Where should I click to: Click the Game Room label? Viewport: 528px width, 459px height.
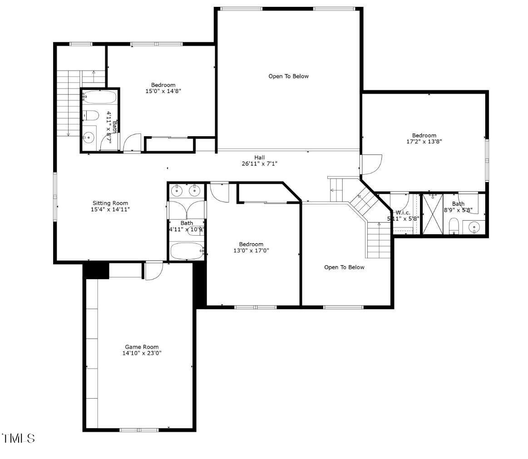pos(142,347)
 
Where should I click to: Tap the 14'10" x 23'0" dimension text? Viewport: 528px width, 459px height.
pos(142,353)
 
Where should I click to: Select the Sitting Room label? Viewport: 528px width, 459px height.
pos(110,203)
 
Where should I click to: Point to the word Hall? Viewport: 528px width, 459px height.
pos(260,158)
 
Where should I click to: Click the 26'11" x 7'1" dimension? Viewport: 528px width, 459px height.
pos(260,164)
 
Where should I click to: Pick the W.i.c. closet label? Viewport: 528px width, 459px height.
pos(403,212)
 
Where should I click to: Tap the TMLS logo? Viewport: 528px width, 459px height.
pos(19,439)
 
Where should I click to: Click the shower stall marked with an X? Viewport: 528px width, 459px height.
pos(432,213)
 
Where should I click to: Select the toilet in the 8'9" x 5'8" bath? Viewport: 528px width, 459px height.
pos(454,226)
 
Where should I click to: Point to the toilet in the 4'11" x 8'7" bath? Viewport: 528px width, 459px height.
pos(91,116)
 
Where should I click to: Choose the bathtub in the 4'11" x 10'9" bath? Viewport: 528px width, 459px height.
pos(187,251)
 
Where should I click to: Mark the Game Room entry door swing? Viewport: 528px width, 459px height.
pos(153,271)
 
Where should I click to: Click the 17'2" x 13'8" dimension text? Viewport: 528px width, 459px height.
pos(424,142)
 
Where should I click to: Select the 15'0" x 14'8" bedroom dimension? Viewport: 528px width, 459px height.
pos(163,91)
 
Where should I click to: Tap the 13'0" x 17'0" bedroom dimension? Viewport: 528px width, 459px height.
pos(251,250)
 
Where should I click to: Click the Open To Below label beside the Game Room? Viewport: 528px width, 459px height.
pos(344,267)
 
